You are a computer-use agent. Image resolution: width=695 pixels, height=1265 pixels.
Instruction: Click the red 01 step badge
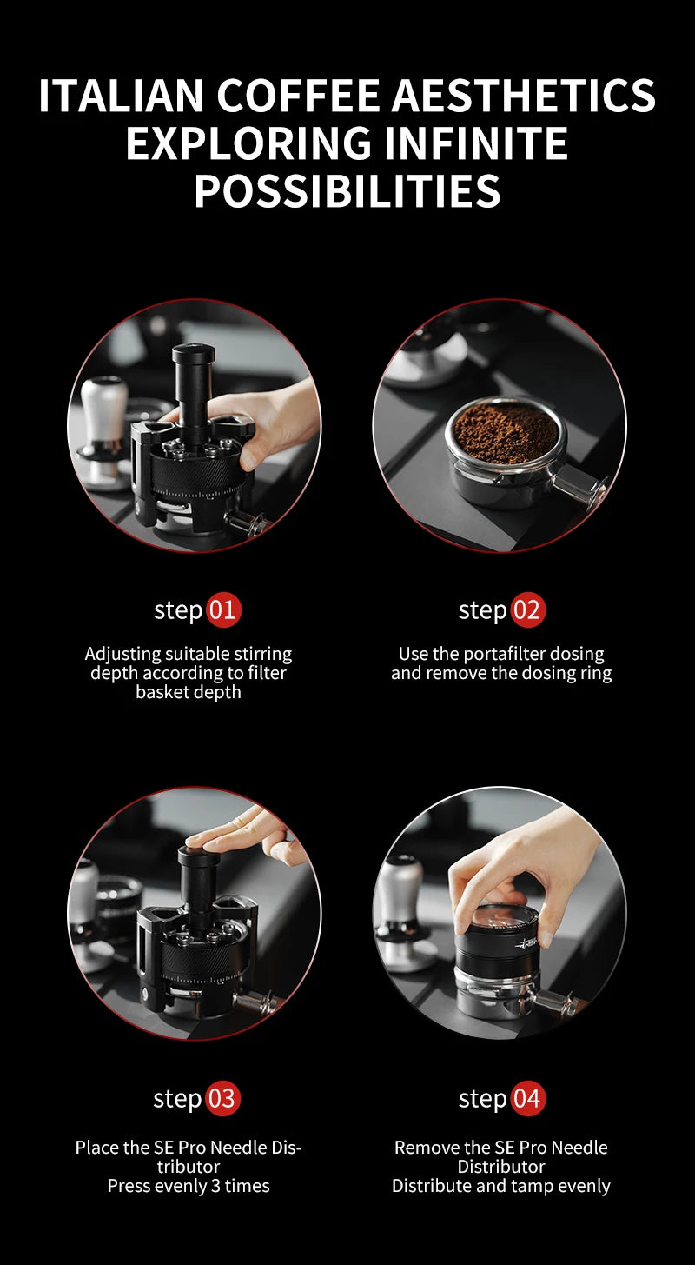[222, 610]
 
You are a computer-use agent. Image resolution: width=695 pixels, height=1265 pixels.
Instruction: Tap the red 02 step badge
[528, 610]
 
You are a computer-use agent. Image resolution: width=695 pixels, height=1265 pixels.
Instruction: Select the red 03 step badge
[222, 1098]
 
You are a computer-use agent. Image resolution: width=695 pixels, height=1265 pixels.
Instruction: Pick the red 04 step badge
[527, 1098]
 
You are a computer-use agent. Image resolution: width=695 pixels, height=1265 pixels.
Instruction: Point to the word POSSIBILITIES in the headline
[347, 190]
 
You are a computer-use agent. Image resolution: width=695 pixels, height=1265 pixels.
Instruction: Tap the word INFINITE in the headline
[475, 143]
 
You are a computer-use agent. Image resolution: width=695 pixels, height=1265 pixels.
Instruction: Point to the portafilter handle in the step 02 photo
[579, 483]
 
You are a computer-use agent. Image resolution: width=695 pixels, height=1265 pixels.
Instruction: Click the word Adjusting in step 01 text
[123, 655]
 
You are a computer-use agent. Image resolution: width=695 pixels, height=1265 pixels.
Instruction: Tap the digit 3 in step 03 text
[215, 1186]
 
